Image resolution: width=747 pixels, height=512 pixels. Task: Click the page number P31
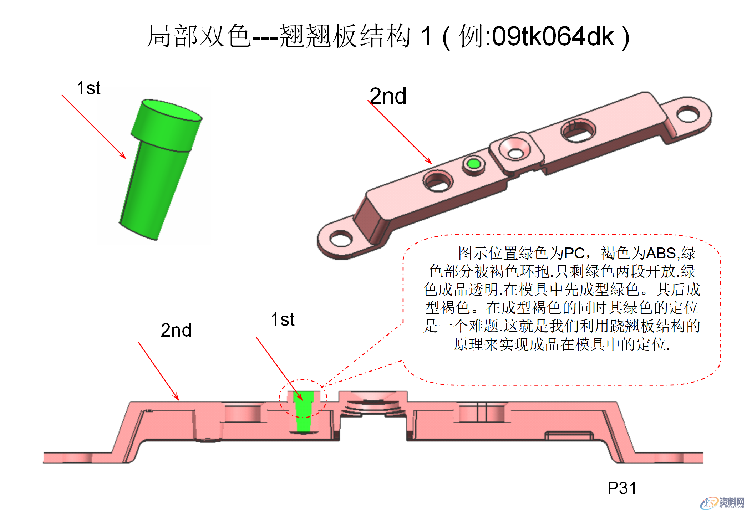(x=622, y=488)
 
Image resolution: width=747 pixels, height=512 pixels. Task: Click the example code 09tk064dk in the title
(x=553, y=36)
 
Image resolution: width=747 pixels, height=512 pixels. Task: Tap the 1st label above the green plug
(x=88, y=88)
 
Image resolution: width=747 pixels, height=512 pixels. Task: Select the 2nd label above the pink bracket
(x=388, y=96)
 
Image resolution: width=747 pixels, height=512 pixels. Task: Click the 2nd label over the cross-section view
(x=176, y=330)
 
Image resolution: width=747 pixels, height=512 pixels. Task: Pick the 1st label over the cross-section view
(x=283, y=319)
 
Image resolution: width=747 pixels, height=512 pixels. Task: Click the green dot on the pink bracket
(x=474, y=164)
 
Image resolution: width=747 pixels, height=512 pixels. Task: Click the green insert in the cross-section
(x=304, y=414)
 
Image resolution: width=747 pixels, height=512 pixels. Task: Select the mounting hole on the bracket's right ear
(x=688, y=114)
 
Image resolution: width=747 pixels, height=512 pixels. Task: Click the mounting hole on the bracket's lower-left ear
(x=341, y=238)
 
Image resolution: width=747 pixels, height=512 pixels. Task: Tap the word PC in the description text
(x=574, y=253)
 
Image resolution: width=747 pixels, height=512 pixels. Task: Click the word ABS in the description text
(x=661, y=253)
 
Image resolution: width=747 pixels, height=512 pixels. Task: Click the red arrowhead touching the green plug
(x=123, y=156)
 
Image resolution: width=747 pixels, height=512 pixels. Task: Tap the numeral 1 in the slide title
(x=426, y=36)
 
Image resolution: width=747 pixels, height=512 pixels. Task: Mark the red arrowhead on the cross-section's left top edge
(x=176, y=398)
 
